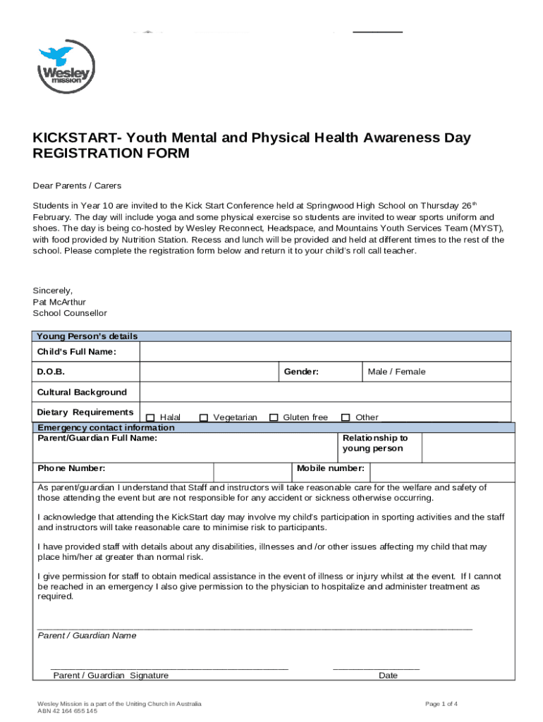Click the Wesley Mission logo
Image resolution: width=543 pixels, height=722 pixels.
66,68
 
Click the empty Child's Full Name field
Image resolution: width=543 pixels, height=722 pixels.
325,352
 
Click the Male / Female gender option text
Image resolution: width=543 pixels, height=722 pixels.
396,372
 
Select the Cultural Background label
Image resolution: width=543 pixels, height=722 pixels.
82,392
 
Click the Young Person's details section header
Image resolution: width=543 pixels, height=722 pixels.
87,336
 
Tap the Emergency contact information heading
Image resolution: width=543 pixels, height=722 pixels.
106,428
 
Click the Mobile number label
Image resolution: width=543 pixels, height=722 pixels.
330,468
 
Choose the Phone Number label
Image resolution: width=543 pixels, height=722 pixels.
71,468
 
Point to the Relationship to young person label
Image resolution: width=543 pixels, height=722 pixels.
374,443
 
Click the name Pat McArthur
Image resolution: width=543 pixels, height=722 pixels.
59,302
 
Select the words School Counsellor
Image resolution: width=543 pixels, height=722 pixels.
70,313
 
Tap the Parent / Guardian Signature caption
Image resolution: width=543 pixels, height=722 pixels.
111,675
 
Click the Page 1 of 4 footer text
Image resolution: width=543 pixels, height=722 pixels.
441,704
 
